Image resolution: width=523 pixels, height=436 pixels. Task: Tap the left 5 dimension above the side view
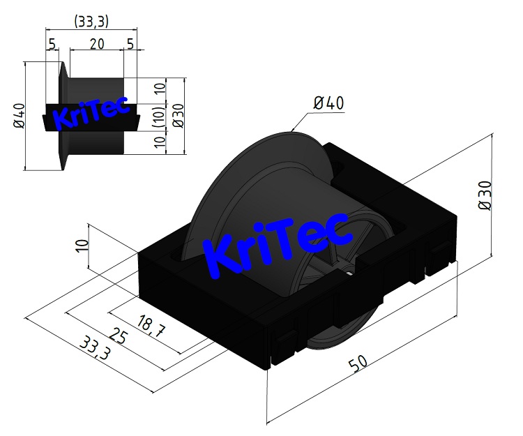click(52, 44)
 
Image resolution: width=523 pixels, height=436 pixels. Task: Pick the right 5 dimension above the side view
click(130, 44)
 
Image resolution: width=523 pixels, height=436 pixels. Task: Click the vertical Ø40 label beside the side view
click(19, 116)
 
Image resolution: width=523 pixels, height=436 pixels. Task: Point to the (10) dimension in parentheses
click(160, 116)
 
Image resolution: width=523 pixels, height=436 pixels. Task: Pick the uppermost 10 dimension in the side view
click(160, 89)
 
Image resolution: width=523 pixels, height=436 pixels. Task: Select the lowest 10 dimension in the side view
click(160, 143)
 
